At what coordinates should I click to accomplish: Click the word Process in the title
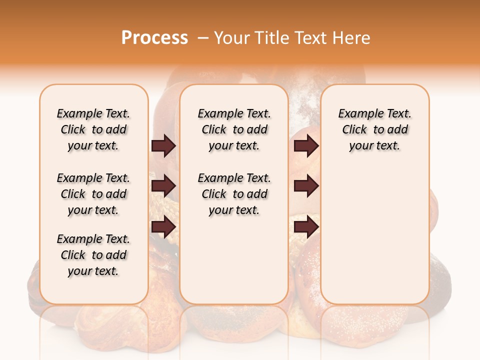pos(154,37)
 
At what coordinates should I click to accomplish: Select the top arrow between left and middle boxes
pos(163,146)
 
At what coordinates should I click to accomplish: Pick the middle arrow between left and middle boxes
pos(163,186)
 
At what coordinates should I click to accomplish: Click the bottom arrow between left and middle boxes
pos(163,227)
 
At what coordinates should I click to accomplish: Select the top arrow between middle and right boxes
pos(306,146)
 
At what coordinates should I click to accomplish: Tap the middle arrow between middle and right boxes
pos(306,186)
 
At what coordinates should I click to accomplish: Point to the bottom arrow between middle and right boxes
pos(306,227)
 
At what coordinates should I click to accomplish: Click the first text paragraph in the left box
pos(93,129)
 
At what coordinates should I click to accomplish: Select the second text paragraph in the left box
pos(93,194)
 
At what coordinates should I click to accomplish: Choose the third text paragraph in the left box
pos(93,255)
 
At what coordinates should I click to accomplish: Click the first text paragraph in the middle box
pos(234,129)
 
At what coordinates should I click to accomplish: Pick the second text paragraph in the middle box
pos(234,194)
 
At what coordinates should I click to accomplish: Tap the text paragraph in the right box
pos(374,129)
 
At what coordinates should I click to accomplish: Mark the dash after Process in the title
pos(202,37)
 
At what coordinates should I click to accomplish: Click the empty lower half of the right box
pos(374,240)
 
